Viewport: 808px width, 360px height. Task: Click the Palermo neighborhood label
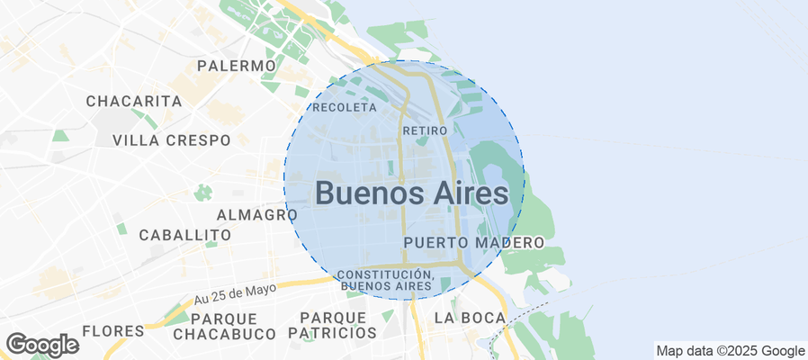point(236,66)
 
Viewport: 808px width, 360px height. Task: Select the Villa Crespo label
point(171,139)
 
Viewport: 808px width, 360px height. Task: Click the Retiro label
point(425,130)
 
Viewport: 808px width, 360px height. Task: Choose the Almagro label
point(257,215)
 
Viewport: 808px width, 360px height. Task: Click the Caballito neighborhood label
point(184,235)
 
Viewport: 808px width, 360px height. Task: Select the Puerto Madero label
point(474,243)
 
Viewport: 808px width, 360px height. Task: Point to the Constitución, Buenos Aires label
point(384,280)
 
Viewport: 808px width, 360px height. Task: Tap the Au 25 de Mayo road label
point(234,293)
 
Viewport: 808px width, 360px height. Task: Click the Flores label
point(112,330)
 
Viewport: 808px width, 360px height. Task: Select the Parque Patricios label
point(332,326)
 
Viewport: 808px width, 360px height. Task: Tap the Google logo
point(41,345)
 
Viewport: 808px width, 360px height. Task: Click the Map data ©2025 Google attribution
point(730,351)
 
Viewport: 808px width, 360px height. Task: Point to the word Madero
point(512,243)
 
